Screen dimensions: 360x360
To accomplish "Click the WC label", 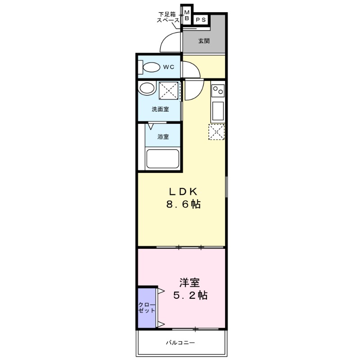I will tap(168, 67).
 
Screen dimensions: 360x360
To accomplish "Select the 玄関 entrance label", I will tap(204, 41).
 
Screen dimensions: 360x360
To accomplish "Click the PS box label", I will tap(201, 19).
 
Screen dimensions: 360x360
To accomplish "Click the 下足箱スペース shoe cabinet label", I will tap(168, 18).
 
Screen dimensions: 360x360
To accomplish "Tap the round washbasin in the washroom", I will tap(146, 88).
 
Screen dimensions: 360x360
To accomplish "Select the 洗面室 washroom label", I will tap(160, 109).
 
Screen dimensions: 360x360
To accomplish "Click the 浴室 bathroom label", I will tap(163, 137).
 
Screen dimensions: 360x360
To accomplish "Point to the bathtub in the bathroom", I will tap(162, 159).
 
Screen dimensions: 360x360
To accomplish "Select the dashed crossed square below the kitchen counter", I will tap(216, 132).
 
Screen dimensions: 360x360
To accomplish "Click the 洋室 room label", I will tap(189, 283).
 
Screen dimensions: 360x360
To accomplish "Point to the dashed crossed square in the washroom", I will tap(169, 90).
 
